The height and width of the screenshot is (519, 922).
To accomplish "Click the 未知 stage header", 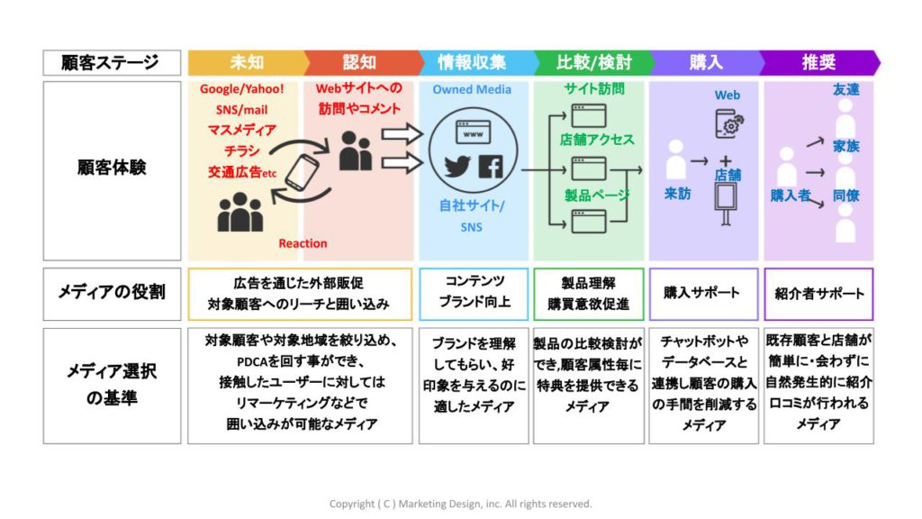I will tap(246, 62).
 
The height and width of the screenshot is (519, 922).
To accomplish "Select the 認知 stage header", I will tap(358, 62).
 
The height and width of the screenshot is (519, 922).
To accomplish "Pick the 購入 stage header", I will tap(706, 62).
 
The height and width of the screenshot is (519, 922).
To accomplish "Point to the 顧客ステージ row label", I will tap(111, 62).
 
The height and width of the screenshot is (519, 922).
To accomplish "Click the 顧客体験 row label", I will tap(111, 168).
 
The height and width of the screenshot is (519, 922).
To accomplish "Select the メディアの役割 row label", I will tap(111, 292).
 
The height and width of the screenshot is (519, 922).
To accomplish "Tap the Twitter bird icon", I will tap(457, 166).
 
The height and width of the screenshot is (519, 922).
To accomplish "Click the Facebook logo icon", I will tap(491, 166).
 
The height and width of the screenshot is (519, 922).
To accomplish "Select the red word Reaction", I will tap(303, 243).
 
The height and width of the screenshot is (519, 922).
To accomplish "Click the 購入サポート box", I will tap(701, 293).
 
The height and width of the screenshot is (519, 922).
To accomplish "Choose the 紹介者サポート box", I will tap(818, 293).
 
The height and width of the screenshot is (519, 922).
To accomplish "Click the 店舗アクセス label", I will tap(597, 140).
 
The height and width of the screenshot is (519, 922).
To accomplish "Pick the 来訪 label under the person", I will tap(678, 193).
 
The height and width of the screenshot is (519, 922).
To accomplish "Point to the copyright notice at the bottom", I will tap(460, 504).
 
